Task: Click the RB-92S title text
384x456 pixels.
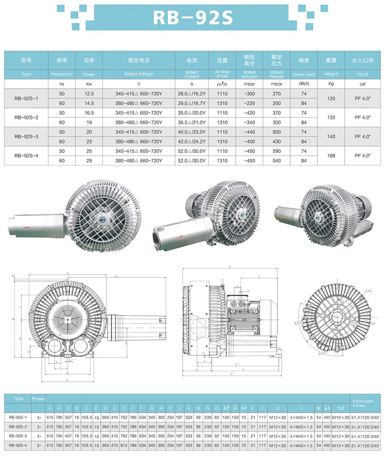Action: (193, 18)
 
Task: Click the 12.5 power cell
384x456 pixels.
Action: (89, 94)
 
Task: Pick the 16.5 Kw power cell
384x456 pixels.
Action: (89, 113)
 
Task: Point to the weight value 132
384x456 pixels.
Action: (331, 117)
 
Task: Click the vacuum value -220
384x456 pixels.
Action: (249, 103)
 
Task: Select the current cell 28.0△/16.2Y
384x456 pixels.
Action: (192, 94)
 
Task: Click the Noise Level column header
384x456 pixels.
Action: (304, 74)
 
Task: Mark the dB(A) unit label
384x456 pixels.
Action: (304, 84)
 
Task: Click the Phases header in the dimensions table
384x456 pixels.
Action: (38, 398)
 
